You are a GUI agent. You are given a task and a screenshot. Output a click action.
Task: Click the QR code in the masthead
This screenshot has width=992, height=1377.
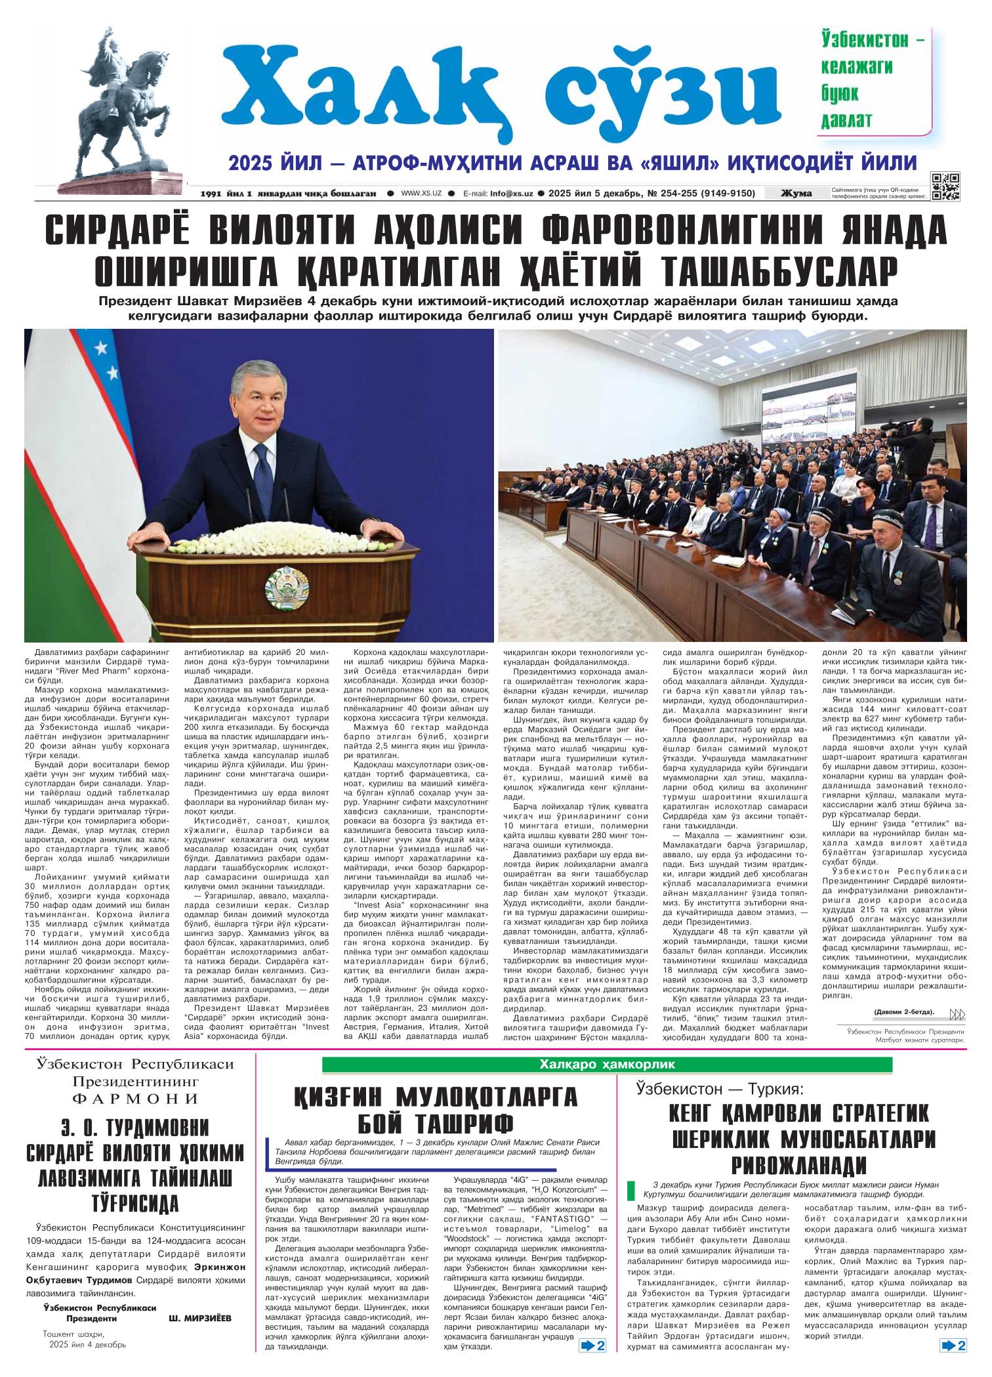tap(945, 186)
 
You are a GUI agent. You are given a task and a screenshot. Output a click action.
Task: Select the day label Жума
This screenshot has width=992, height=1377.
tap(796, 193)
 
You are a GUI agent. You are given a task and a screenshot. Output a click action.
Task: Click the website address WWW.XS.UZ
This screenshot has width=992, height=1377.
tap(421, 194)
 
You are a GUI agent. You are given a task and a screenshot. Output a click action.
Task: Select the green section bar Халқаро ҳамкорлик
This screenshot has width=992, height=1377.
tap(607, 1065)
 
